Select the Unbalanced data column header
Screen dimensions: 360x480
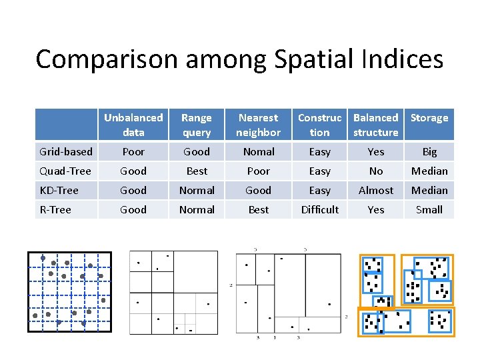tap(133, 125)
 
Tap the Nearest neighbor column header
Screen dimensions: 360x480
tap(258, 125)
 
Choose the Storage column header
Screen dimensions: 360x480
tap(429, 118)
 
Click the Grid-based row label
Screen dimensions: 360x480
tap(66, 152)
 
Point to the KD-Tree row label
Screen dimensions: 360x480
tap(59, 191)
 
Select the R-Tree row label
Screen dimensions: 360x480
tap(56, 210)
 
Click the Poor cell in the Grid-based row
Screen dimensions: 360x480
tap(133, 152)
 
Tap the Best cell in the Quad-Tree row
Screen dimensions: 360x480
tap(197, 171)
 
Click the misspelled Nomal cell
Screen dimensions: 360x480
tap(258, 152)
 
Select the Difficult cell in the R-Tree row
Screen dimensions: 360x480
tap(320, 210)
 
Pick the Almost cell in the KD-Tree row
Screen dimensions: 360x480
tap(376, 191)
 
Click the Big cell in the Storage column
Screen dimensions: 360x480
tap(429, 152)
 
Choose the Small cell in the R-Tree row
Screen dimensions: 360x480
tap(429, 210)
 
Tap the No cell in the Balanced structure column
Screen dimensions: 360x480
tap(376, 171)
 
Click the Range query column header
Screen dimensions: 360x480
tap(197, 125)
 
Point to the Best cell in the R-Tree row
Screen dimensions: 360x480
tap(258, 210)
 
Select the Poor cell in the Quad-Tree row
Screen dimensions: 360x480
tap(258, 171)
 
